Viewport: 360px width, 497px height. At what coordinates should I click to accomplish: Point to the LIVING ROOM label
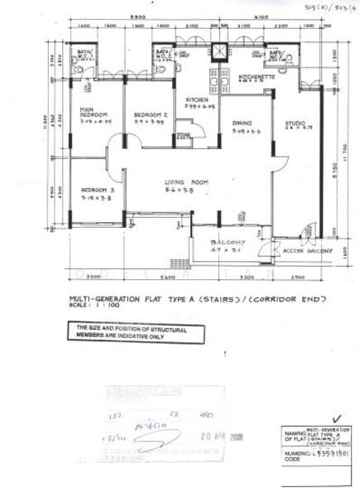(x=185, y=186)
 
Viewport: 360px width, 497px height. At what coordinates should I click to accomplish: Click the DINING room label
(x=243, y=126)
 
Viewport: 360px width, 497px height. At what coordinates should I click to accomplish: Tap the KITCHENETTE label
(x=252, y=75)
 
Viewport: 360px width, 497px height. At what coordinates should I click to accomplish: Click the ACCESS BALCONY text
(x=308, y=250)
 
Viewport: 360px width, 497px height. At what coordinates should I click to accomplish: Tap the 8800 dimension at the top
(x=138, y=17)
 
